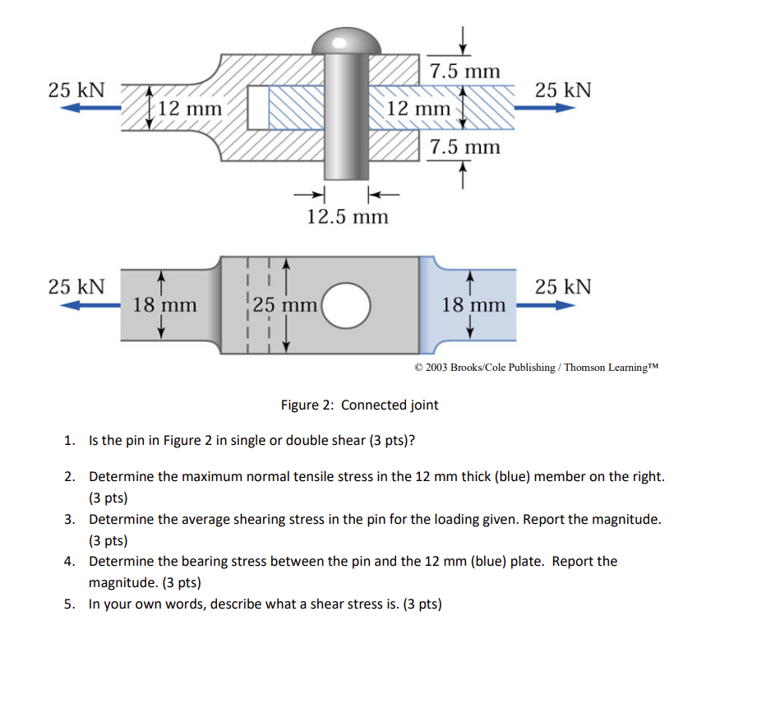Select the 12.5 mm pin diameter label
(x=347, y=216)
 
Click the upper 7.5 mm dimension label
(x=464, y=72)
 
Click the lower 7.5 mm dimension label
(x=464, y=147)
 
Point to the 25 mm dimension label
(x=285, y=305)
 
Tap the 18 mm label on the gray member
(x=164, y=305)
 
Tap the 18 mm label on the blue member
(x=473, y=305)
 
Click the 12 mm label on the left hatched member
(x=190, y=108)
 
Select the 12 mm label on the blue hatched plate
(x=418, y=109)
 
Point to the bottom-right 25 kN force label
(x=563, y=286)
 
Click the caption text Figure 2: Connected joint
(x=359, y=405)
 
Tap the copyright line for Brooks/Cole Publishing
(x=537, y=367)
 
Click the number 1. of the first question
(x=71, y=440)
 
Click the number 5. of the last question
(x=71, y=604)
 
